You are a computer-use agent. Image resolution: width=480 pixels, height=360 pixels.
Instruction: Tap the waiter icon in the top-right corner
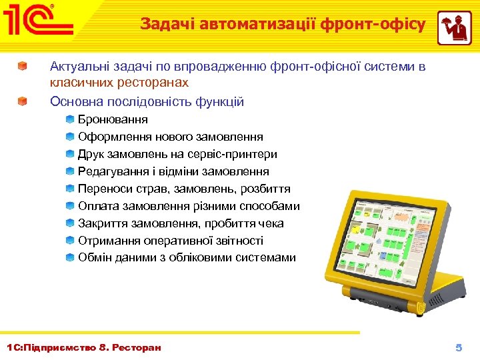tap(454, 28)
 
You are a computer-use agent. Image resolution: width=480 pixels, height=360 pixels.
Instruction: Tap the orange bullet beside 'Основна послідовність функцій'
tap(23, 102)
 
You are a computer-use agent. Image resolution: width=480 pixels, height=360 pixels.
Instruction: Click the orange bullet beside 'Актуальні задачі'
tap(23, 67)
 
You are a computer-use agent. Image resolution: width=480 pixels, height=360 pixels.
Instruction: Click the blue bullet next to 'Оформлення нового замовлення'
tap(70, 137)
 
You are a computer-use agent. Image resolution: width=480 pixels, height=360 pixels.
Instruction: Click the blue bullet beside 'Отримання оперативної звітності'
tap(70, 241)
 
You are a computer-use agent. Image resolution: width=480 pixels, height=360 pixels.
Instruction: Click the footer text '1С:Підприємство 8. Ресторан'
tap(83, 348)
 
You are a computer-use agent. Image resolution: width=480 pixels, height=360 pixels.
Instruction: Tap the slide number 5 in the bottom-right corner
tap(458, 348)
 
